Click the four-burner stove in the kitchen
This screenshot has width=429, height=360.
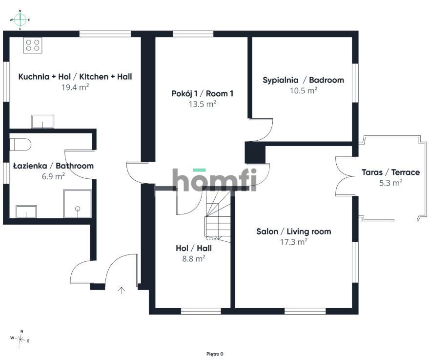point(33,45)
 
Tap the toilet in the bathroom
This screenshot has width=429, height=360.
point(20,144)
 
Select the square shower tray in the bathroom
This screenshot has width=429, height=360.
point(78,203)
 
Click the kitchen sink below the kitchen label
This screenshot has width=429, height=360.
point(42,122)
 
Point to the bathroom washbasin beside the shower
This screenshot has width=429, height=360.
point(26,212)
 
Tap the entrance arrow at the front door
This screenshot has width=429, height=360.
point(121,291)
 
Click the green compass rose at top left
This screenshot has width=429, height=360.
point(20,20)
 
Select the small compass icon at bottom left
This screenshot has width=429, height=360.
point(20,340)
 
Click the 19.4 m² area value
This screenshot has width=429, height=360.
point(75,87)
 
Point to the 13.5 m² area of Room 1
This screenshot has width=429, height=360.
point(203,104)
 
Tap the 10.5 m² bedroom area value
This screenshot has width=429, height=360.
point(304,90)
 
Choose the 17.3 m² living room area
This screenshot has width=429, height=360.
point(294,242)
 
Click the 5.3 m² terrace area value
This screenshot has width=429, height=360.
point(391,183)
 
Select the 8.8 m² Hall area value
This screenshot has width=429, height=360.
point(194,258)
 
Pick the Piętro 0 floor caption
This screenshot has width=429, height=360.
point(215,354)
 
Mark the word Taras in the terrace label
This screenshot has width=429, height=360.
point(372,172)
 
